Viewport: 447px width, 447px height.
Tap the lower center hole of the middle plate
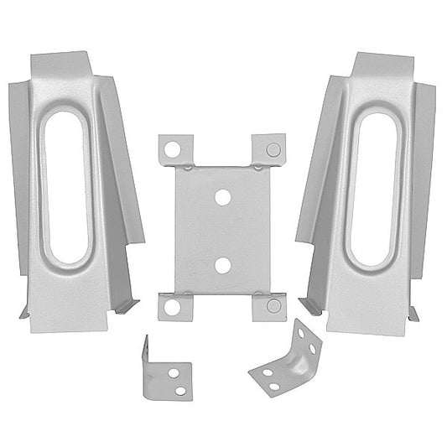[222, 265]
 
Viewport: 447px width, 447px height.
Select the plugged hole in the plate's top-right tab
[272, 148]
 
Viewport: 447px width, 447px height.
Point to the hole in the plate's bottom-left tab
[172, 307]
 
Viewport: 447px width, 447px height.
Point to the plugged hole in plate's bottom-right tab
[272, 307]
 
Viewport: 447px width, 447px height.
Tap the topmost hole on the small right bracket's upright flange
[305, 330]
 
